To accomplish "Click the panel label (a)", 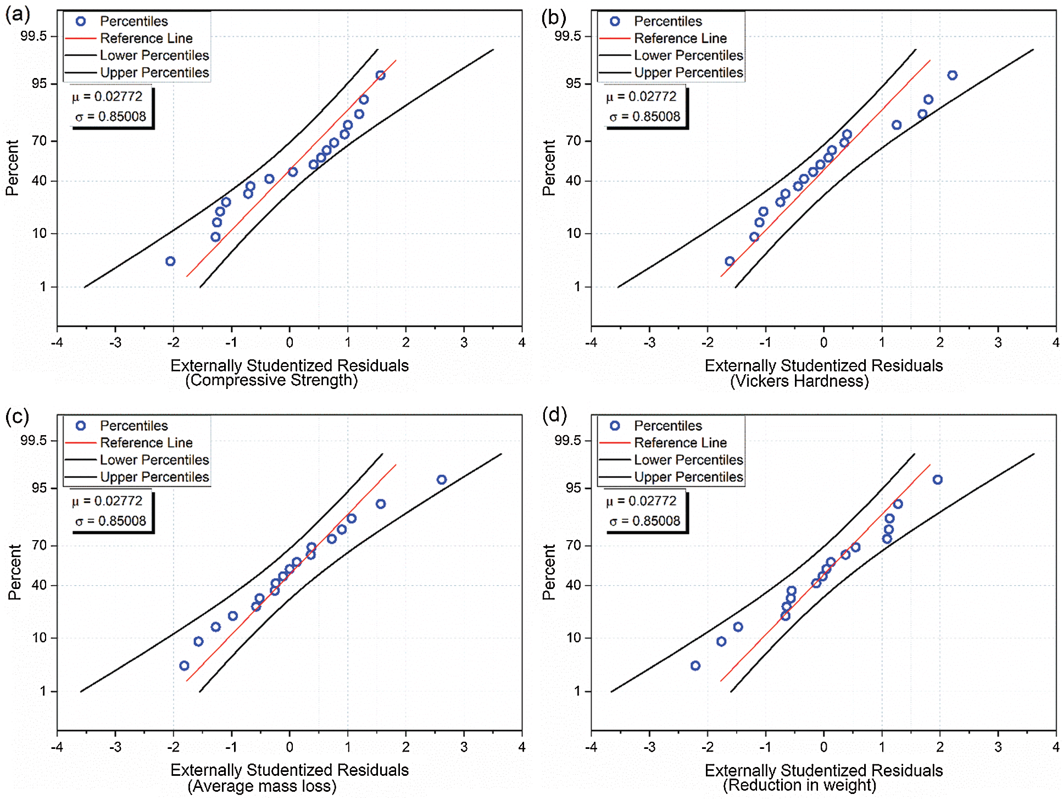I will pyautogui.click(x=18, y=15).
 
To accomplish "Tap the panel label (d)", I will pyautogui.click(x=554, y=415).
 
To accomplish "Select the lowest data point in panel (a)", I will pyautogui.click(x=170, y=261).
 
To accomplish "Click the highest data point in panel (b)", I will pyautogui.click(x=952, y=75).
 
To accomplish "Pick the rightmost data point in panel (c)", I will pyautogui.click(x=442, y=480).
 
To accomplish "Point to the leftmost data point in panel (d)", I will pyautogui.click(x=695, y=665).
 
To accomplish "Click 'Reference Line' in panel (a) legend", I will pyautogui.click(x=146, y=38).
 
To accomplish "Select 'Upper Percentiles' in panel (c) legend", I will pyautogui.click(x=154, y=477).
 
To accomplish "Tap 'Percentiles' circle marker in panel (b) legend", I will pyautogui.click(x=615, y=21).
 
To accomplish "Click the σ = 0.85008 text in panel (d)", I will pyautogui.click(x=645, y=521).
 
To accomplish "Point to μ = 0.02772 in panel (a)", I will pyautogui.click(x=107, y=97).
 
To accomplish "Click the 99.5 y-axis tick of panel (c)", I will pyautogui.click(x=34, y=441).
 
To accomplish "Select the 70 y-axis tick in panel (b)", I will pyautogui.click(x=573, y=141).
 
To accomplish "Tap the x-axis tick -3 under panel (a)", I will pyautogui.click(x=115, y=343).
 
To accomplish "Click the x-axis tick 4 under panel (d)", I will pyautogui.click(x=1055, y=747).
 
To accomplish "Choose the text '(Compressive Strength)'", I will pyautogui.click(x=271, y=380).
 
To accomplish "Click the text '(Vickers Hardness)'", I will pyautogui.click(x=799, y=381).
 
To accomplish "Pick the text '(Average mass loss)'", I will pyautogui.click(x=262, y=786).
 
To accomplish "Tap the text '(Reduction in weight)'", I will pyautogui.click(x=799, y=785).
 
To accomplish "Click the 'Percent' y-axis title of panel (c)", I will pyautogui.click(x=14, y=572).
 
